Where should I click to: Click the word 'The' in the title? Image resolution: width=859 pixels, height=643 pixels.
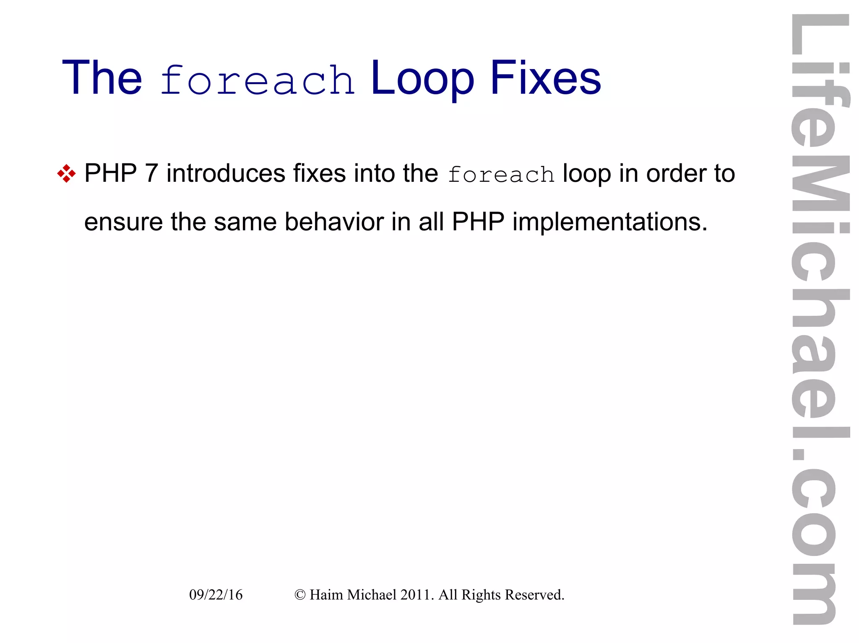(102, 78)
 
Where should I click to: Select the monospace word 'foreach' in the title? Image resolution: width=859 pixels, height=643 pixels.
(257, 80)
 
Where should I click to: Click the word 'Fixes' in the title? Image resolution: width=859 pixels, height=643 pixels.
(545, 78)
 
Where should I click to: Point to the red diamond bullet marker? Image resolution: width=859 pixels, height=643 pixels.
(66, 173)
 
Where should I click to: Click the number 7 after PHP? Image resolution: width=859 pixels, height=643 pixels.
(151, 173)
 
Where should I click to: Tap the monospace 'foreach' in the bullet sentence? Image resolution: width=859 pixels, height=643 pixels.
(501, 175)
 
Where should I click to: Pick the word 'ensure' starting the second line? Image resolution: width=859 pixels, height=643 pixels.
(123, 222)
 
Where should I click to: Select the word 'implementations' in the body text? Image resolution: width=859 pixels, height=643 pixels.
(606, 222)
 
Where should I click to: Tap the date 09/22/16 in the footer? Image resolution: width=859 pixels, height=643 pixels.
(216, 595)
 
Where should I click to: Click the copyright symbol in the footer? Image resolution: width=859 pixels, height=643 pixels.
(299, 595)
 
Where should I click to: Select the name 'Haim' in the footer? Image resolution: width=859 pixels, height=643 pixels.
(326, 595)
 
